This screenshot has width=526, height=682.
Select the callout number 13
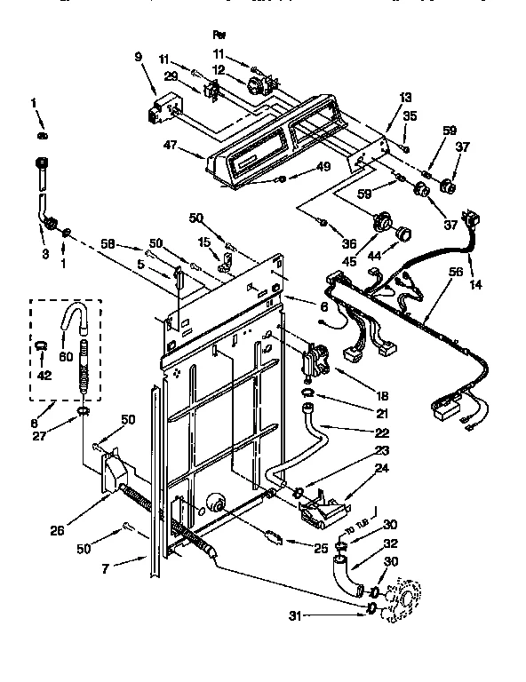click(405, 97)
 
